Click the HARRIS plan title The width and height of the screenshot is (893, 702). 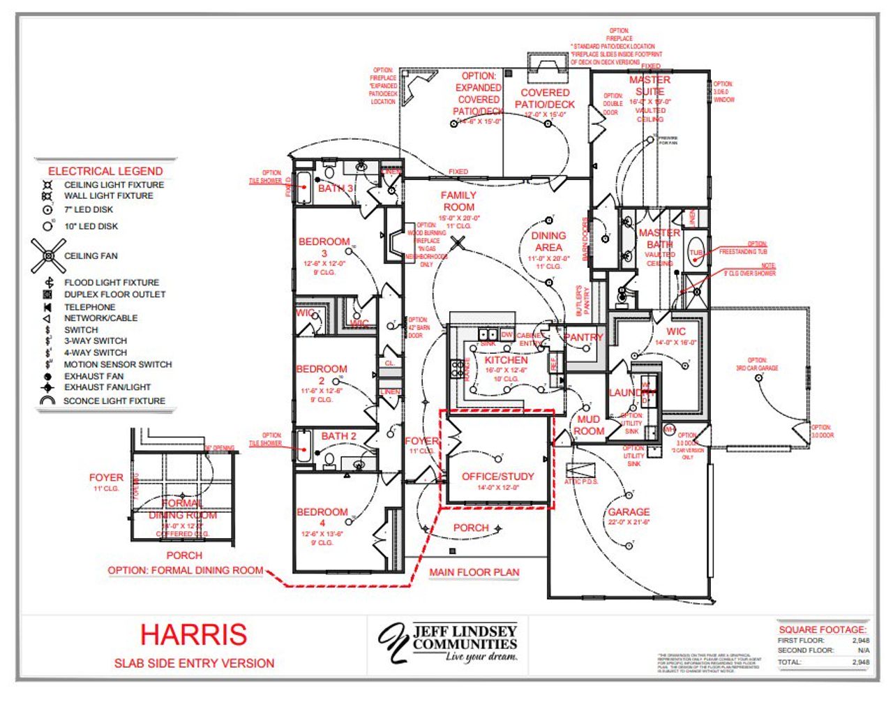(193, 634)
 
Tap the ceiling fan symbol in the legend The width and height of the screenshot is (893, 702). (48, 256)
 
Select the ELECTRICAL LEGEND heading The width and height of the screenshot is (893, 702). (105, 171)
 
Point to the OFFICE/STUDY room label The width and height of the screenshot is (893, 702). (497, 477)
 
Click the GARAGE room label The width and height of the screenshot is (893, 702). (628, 511)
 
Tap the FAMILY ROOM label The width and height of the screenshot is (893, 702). (458, 201)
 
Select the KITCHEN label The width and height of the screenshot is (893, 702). (506, 360)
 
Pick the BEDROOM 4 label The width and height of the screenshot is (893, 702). (322, 517)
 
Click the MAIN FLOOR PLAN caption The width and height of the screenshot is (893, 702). (474, 572)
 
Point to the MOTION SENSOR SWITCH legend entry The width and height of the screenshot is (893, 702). (117, 364)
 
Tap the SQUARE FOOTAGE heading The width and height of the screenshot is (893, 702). (823, 629)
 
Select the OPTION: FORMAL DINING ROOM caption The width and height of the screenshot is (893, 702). (186, 570)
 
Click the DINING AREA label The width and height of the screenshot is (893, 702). (548, 241)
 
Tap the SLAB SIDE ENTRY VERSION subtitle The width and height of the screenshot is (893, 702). (194, 663)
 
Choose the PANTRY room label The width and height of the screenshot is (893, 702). (583, 337)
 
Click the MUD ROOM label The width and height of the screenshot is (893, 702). (588, 425)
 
